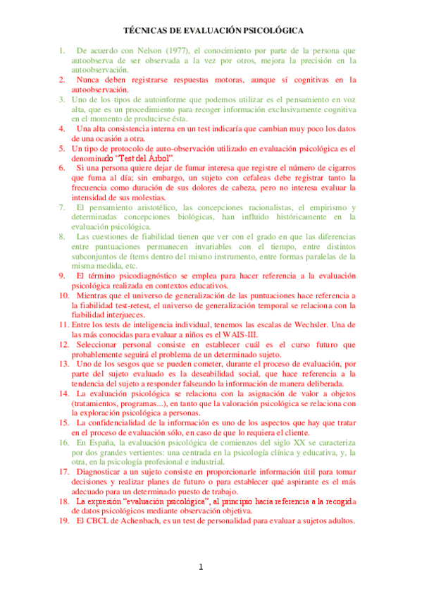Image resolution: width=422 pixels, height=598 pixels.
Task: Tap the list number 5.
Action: click(x=62, y=149)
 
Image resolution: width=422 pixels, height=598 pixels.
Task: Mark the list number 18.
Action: click(x=64, y=500)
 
